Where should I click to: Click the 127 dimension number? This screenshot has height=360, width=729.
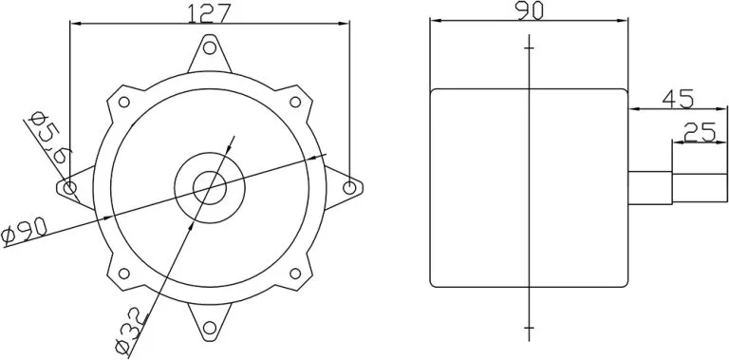211,12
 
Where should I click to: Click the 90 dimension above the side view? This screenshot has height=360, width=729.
528,10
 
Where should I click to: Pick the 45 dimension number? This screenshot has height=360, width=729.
677,98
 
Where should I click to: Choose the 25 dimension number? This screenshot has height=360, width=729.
699,133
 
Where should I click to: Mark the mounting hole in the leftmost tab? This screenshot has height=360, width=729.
68,187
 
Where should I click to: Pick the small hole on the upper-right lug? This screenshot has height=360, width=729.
294,102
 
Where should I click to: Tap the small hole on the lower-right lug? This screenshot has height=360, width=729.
294,273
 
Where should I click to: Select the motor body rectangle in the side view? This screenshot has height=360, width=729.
528,187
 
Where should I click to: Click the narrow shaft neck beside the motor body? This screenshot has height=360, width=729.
650,187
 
